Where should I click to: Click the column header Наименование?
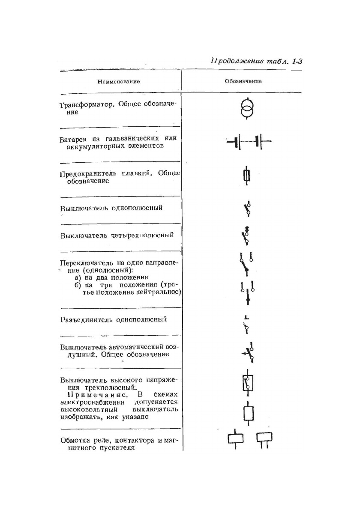click(x=119, y=81)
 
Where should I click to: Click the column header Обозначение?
click(x=243, y=81)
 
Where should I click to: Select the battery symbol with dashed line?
click(x=248, y=142)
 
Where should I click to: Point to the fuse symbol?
click(x=246, y=176)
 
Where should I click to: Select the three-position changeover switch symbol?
click(x=248, y=292)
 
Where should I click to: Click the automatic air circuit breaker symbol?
click(x=249, y=352)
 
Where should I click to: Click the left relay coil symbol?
click(x=235, y=439)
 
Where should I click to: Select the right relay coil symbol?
click(x=264, y=438)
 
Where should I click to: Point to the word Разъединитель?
click(x=84, y=320)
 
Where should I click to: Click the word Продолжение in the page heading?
click(x=236, y=61)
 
